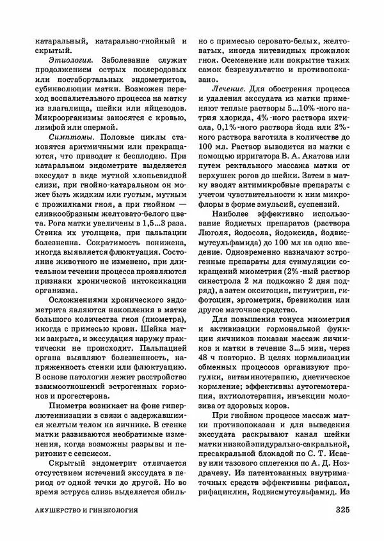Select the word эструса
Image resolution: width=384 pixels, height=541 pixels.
pos(76,494)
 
